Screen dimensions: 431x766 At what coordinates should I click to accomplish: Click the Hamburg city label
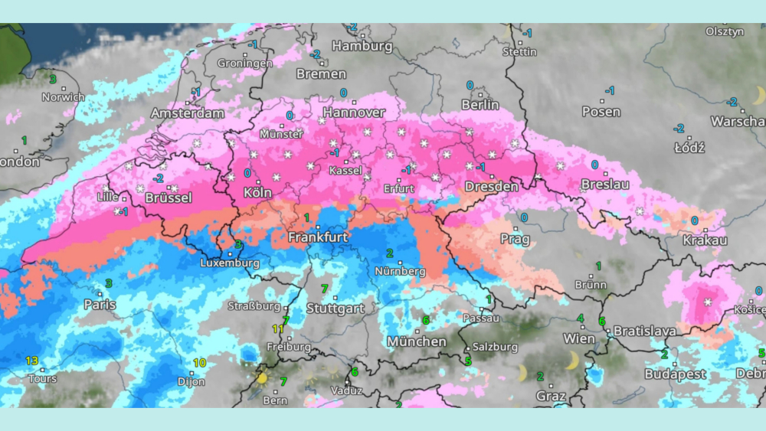[x=362, y=46]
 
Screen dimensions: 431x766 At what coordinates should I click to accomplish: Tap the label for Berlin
[x=480, y=105]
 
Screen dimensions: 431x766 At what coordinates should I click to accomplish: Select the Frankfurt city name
[x=318, y=237]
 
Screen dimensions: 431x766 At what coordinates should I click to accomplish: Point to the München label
[x=417, y=341]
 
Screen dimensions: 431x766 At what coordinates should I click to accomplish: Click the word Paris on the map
[x=100, y=305]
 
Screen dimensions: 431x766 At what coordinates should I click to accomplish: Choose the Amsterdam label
[x=188, y=113]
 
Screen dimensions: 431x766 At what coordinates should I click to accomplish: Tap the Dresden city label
[x=491, y=186]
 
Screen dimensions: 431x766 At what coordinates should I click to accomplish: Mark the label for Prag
[x=515, y=239]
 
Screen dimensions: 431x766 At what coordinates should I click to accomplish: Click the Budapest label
[x=675, y=374]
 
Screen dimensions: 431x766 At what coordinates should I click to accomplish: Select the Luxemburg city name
[x=230, y=263]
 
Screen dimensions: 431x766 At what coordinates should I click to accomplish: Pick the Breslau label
[x=605, y=184]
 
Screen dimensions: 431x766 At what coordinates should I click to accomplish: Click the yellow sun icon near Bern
[x=263, y=377]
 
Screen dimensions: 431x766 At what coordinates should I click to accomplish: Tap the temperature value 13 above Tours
[x=31, y=361]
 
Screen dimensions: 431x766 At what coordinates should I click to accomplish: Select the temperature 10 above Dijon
[x=200, y=363]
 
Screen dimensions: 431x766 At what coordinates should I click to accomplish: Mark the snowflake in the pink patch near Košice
[x=707, y=303]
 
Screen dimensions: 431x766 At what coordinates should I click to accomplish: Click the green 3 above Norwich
[x=53, y=79]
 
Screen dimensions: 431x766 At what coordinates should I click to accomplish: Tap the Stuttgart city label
[x=335, y=309]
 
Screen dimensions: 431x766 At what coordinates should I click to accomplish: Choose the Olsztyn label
[x=725, y=31]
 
